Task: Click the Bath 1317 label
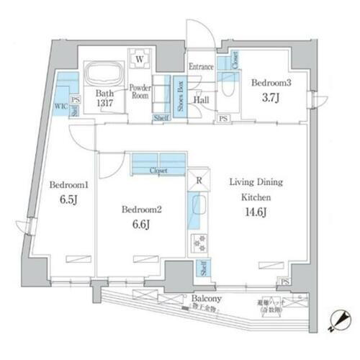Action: click(104, 98)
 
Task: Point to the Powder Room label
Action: click(140, 93)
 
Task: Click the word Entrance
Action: click(201, 67)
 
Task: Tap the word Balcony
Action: click(205, 297)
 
